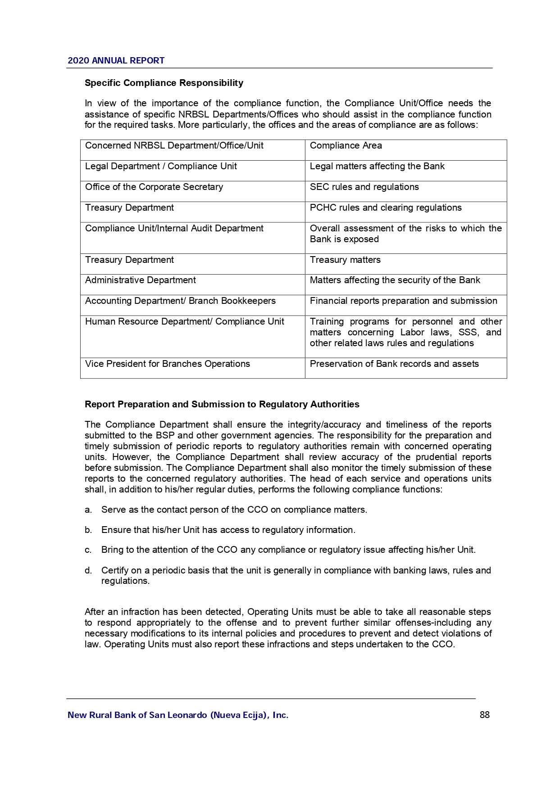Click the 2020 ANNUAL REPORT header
[x=116, y=61]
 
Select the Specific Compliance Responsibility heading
[x=164, y=83]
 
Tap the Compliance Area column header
[x=345, y=145]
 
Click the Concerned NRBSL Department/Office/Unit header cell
[x=174, y=145]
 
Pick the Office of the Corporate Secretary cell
[x=154, y=187]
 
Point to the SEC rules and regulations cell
[x=364, y=187]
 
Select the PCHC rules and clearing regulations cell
[x=386, y=208]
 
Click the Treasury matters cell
[x=345, y=260]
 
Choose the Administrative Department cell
[x=141, y=280]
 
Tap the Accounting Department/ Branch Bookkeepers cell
[x=180, y=301]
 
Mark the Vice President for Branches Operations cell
[x=168, y=364]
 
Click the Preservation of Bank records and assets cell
[x=394, y=364]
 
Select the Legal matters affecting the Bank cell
[x=377, y=166]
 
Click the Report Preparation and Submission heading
[x=222, y=404]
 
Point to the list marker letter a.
[x=88, y=510]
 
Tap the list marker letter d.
[x=88, y=571]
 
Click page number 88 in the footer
[x=485, y=715]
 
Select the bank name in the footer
[x=178, y=715]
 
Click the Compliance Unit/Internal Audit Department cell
[x=174, y=228]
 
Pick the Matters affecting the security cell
[x=395, y=280]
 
